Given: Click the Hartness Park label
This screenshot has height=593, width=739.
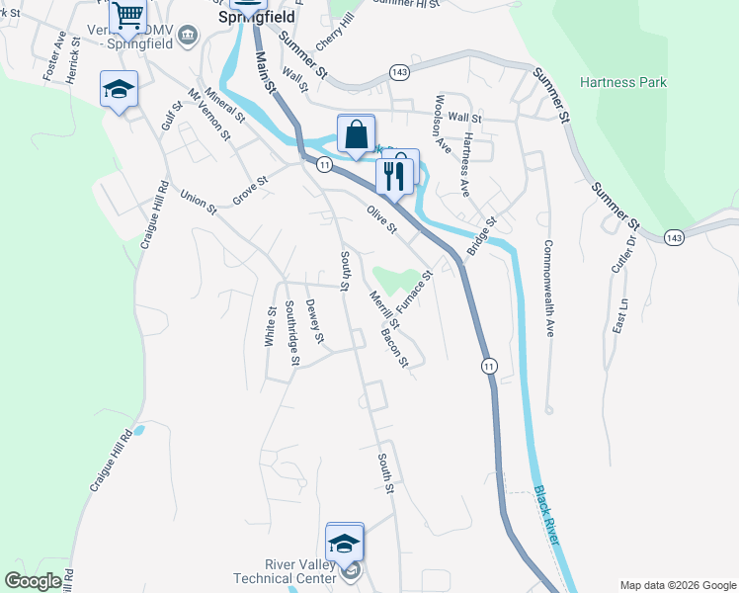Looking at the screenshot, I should coord(622,83).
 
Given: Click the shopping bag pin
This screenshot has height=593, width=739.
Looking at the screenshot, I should coord(356,134).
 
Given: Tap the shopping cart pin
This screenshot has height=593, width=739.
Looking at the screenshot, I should coord(127,16).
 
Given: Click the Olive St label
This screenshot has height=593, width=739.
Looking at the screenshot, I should coord(381,219).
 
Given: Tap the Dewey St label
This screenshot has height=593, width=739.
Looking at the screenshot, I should coord(315,322).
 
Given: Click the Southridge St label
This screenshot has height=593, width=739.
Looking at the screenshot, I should coord(291,333).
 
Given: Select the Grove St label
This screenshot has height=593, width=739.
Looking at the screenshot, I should coord(250,191).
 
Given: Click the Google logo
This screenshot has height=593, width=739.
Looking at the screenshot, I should coord(33,581).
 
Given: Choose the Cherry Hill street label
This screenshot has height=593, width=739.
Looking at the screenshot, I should coord(335,35).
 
